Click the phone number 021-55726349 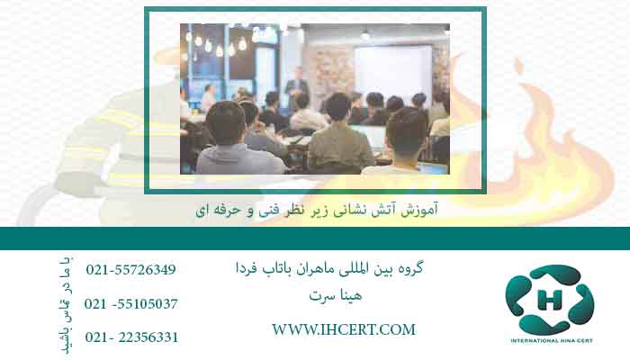point(131,270)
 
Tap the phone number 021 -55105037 point(131,304)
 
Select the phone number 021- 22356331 point(131,337)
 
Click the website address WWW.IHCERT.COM point(344,330)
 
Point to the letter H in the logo point(549,300)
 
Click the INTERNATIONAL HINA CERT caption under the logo point(552,341)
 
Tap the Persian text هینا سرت point(336,296)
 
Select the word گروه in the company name point(409,268)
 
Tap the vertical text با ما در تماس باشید point(65,305)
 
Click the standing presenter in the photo point(296,88)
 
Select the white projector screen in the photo point(392,71)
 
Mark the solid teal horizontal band point(315,238)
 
